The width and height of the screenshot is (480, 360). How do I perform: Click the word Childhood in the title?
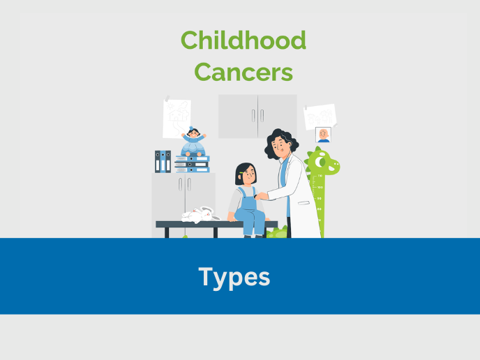(243, 40)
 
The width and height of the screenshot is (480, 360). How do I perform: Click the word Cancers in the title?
(243, 71)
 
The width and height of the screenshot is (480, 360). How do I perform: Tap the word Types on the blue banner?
(234, 277)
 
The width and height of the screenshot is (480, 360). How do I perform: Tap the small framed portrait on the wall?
(323, 135)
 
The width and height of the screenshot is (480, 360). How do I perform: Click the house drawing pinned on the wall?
(177, 118)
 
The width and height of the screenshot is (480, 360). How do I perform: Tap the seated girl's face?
(246, 174)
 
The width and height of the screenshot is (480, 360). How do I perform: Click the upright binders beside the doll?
(163, 161)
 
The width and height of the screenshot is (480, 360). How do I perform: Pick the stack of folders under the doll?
(192, 164)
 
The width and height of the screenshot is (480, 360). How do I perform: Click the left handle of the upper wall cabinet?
(253, 116)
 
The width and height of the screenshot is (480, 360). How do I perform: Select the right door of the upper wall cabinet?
(277, 116)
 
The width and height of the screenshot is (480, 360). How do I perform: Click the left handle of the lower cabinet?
(179, 184)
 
